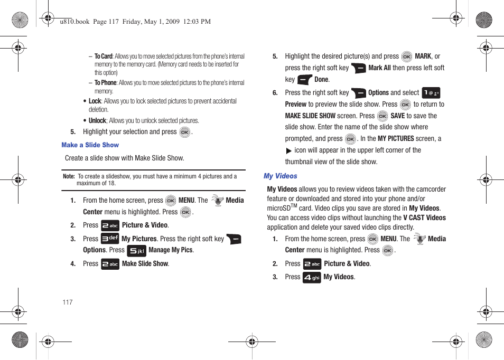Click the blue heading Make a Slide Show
pyautogui.click(x=90, y=145)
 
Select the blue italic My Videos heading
pyautogui.click(x=280, y=176)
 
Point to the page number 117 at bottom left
pyautogui.click(x=67, y=302)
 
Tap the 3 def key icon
pyautogui.click(x=110, y=239)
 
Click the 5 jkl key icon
pyautogui.click(x=136, y=251)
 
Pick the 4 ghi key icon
pyautogui.click(x=312, y=277)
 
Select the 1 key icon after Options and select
pyautogui.click(x=431, y=93)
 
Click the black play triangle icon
pyautogui.click(x=289, y=151)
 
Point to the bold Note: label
pyautogui.click(x=69, y=177)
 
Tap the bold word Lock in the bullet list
pyautogui.click(x=95, y=101)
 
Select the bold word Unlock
pyautogui.click(x=97, y=121)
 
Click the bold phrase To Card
pyautogui.click(x=104, y=56)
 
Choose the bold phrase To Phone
pyautogui.click(x=106, y=83)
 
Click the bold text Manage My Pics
pyautogui.click(x=171, y=250)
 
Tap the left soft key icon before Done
pyautogui.click(x=305, y=80)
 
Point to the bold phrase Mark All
pyautogui.click(x=379, y=68)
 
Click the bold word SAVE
pyautogui.click(x=397, y=116)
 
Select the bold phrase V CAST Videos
pyautogui.click(x=424, y=218)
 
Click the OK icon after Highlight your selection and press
pyautogui.click(x=184, y=132)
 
